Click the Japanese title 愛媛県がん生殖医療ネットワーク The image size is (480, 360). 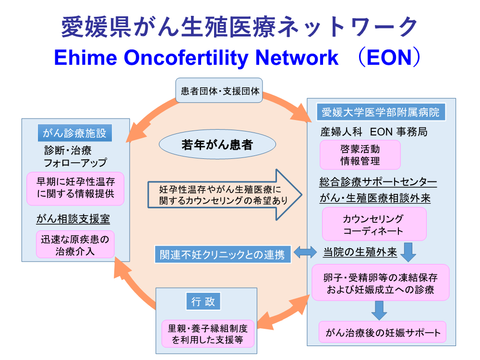tap(240, 27)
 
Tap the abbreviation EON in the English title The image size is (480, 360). tap(389, 57)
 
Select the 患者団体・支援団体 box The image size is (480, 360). tap(219, 90)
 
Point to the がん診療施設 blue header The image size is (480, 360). tap(75, 132)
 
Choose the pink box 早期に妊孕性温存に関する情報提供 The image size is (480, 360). tap(75, 188)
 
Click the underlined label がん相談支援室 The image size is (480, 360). tap(73, 219)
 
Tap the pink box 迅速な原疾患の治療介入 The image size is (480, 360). tap(75, 245)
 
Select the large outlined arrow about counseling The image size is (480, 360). tap(225, 195)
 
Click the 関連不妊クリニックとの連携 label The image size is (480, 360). tap(223, 254)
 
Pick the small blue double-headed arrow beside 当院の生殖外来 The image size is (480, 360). tap(305, 252)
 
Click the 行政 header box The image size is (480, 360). tap(203, 301)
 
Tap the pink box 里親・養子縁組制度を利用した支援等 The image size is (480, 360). tap(208, 334)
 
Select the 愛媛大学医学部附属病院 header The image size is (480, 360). tap(381, 112)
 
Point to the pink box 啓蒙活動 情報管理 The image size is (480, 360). tap(360, 155)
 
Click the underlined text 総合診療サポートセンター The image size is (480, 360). tap(378, 182)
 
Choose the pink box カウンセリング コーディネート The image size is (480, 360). tap(374, 224)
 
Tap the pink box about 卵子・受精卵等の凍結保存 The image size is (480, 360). tap(381, 283)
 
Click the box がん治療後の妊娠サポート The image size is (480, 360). tap(383, 332)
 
